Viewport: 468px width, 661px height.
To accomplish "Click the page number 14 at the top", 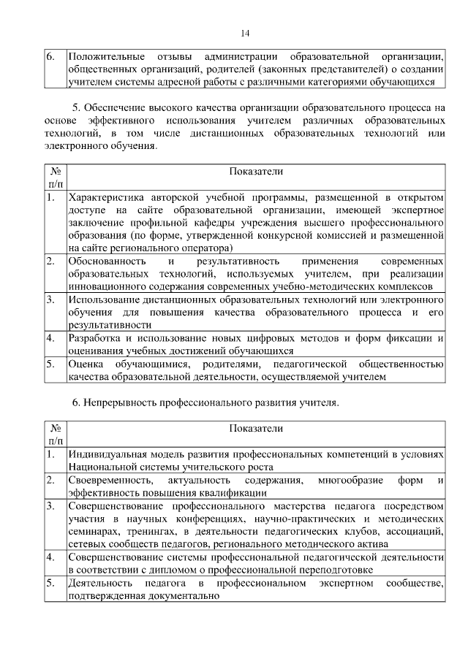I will (x=245, y=33).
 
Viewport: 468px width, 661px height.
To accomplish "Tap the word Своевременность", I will (x=110, y=479).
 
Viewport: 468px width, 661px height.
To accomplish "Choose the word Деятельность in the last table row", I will (x=99, y=583).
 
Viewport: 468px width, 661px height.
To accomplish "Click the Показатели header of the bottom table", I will (x=256, y=428).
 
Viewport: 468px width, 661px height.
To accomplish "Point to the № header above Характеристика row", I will (x=56, y=171).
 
